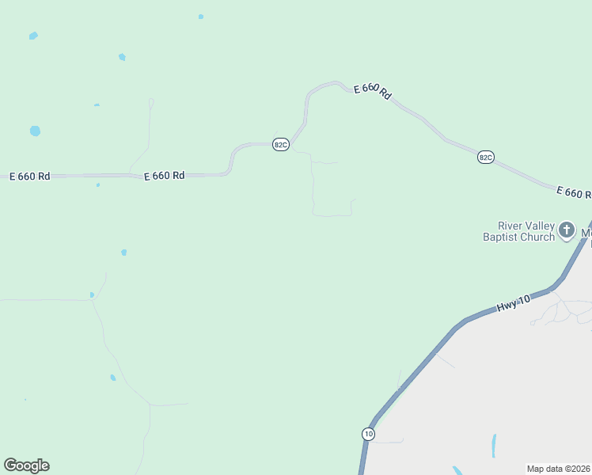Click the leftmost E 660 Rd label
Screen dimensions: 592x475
(x=29, y=176)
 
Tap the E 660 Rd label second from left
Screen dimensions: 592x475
(x=164, y=176)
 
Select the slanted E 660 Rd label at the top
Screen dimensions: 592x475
(x=372, y=91)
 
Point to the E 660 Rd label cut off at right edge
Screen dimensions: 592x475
(x=573, y=192)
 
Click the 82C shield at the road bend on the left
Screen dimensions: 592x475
(x=280, y=144)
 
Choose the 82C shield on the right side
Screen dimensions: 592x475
(x=485, y=158)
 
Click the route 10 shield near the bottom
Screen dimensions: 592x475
(x=368, y=434)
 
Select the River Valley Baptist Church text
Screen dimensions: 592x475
(x=520, y=231)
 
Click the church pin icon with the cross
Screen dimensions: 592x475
(x=566, y=230)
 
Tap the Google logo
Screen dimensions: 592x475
(x=26, y=465)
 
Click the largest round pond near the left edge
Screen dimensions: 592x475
(x=35, y=131)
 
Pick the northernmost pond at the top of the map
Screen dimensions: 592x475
(x=201, y=17)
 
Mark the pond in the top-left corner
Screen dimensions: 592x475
(x=33, y=36)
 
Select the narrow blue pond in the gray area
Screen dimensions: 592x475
(x=493, y=446)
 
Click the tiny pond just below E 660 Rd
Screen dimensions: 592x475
(x=98, y=185)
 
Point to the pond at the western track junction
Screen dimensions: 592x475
(x=93, y=295)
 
